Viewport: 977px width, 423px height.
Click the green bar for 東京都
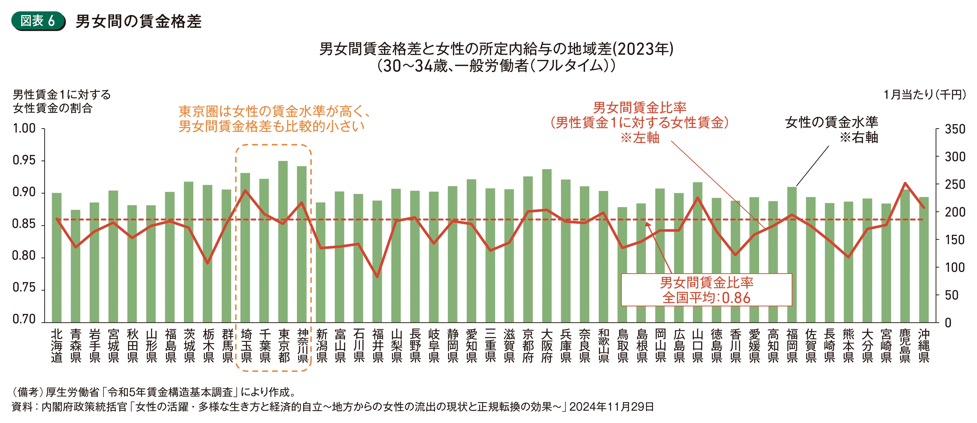(x=283, y=243)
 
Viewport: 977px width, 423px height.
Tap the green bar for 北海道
(x=57, y=258)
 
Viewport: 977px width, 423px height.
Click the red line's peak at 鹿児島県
(x=905, y=183)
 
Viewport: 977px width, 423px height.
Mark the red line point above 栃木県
(x=207, y=263)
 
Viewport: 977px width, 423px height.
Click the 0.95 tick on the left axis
(x=24, y=160)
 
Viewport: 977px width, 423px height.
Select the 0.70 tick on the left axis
(x=24, y=319)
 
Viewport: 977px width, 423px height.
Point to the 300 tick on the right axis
(x=955, y=156)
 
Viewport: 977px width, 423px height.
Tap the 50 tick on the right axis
(x=952, y=295)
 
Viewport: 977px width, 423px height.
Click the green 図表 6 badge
(x=38, y=21)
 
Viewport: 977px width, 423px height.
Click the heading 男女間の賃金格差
(x=138, y=21)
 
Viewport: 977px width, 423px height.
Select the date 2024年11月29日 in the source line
(x=611, y=407)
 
